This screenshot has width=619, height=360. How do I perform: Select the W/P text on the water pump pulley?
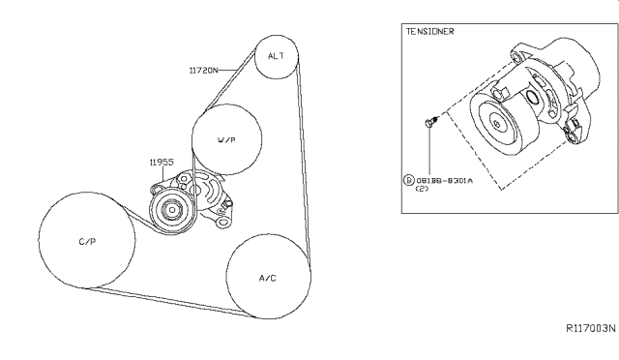point(226,140)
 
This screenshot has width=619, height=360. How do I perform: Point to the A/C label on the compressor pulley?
point(268,277)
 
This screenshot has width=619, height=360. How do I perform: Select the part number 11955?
point(162,163)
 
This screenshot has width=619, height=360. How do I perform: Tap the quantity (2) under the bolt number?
point(422,190)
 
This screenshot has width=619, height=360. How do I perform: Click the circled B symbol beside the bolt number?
point(408,180)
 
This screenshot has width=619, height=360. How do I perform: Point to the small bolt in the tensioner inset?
point(430,122)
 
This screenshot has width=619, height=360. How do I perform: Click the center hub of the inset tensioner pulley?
point(495,123)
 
